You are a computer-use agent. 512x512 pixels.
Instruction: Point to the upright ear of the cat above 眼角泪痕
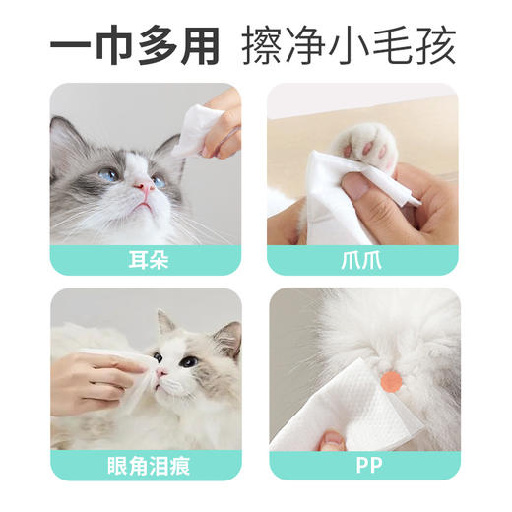[162, 321]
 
